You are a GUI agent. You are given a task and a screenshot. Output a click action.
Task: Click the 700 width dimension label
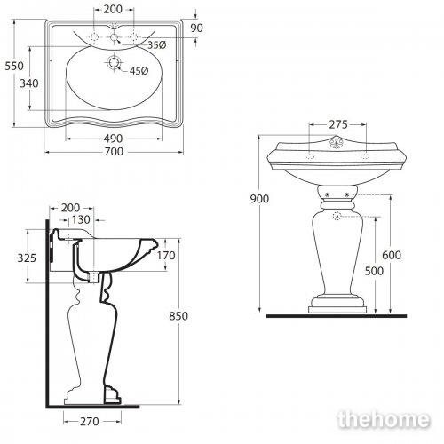pyautogui.click(x=114, y=152)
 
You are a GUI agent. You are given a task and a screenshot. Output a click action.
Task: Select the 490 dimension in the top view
pyautogui.click(x=113, y=139)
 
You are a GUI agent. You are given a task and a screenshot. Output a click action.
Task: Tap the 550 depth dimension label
pyautogui.click(x=14, y=66)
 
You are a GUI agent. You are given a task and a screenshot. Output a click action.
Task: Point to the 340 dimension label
pyautogui.click(x=29, y=83)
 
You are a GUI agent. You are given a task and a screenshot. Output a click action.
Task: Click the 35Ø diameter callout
pyautogui.click(x=157, y=45)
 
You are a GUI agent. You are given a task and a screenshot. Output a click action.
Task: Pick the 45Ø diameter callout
pyautogui.click(x=139, y=71)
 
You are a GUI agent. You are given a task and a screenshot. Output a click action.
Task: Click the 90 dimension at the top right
pyautogui.click(x=196, y=28)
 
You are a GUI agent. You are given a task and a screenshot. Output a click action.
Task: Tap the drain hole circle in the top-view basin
pyautogui.click(x=114, y=62)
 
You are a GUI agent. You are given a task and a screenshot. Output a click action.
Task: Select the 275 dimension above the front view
pyautogui.click(x=338, y=124)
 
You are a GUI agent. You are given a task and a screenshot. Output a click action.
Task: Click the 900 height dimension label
pyautogui.click(x=259, y=199)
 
